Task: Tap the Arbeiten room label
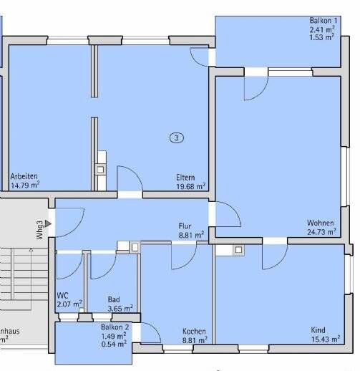point(24,176)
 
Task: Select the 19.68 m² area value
point(191,185)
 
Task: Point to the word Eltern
point(186,177)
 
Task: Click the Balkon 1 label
point(323,21)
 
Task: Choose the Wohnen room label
point(319,222)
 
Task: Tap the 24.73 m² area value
point(322,231)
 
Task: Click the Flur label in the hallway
point(185,226)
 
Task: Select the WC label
point(62,295)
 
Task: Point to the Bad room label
point(114,300)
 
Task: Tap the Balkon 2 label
point(115,327)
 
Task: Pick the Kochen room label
point(194,332)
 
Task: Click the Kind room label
point(318,330)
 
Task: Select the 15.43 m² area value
point(323,339)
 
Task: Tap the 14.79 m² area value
point(24,185)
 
